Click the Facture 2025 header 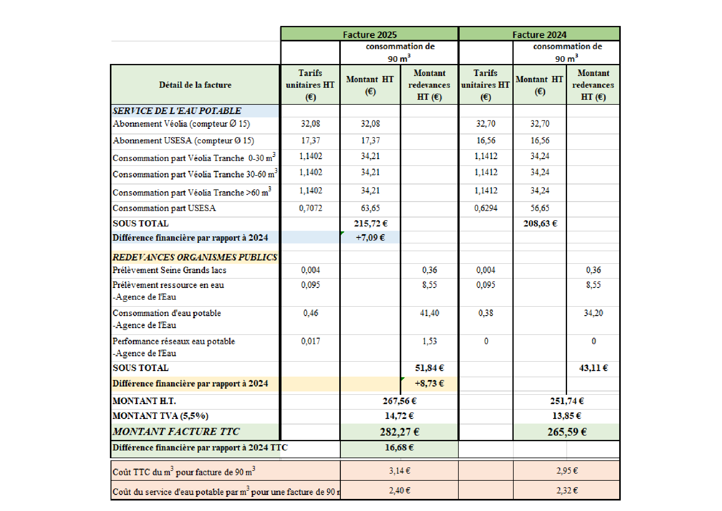(x=369, y=34)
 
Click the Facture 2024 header (x=539, y=34)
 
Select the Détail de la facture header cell (x=195, y=85)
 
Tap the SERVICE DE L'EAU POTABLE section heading (x=177, y=111)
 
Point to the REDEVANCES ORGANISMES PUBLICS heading (x=195, y=257)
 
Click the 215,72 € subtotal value (x=370, y=223)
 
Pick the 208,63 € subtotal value (x=540, y=223)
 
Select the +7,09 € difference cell (x=370, y=238)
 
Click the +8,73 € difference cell (x=429, y=383)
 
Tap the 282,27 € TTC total (x=399, y=432)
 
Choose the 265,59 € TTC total (x=567, y=432)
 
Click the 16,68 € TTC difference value (x=399, y=447)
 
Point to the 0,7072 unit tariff (x=310, y=208)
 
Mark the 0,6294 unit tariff (x=486, y=208)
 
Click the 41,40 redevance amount (x=429, y=313)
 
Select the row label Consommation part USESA (x=164, y=208)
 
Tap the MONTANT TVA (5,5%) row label (x=161, y=416)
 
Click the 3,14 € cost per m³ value (x=399, y=471)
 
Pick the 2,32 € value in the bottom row (x=567, y=491)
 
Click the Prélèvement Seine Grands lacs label (x=169, y=270)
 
